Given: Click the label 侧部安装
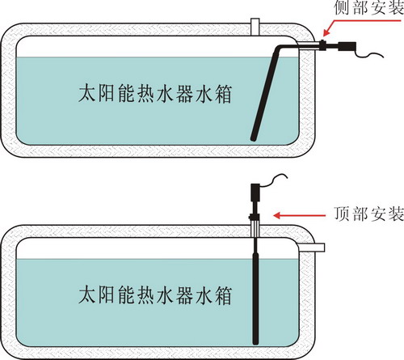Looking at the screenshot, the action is [x=369, y=7].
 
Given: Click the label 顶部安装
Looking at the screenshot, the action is [x=369, y=214].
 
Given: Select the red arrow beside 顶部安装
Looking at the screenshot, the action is [x=299, y=215].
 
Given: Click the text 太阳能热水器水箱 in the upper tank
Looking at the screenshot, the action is [x=155, y=94].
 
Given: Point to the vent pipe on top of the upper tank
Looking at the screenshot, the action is [x=255, y=27].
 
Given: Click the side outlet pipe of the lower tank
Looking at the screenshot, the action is [x=311, y=248].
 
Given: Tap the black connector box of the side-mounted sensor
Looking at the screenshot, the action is [x=347, y=46].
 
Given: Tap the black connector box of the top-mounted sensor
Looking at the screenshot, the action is [x=255, y=192].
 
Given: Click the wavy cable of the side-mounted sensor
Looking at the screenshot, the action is [x=369, y=54].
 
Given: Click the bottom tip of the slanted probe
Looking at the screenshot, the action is [x=253, y=138].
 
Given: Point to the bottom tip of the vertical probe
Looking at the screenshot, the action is [x=255, y=342].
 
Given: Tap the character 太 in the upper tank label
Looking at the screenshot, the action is [x=87, y=94].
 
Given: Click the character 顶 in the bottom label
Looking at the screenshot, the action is [x=343, y=214].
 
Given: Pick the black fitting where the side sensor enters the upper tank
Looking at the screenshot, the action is [x=322, y=44].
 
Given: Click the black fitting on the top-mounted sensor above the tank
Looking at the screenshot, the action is [x=254, y=216].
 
